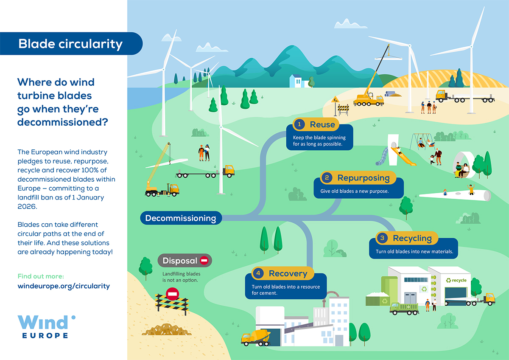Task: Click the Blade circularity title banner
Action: click(x=70, y=44)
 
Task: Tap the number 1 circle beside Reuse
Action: click(x=300, y=124)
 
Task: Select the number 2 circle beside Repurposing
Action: click(x=326, y=177)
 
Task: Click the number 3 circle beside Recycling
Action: click(x=382, y=238)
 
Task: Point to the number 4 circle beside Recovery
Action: click(x=257, y=273)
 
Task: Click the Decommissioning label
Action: click(x=181, y=218)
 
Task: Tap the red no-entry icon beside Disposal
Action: click(x=204, y=260)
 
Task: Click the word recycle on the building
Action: click(x=459, y=280)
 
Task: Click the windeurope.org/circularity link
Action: click(x=64, y=286)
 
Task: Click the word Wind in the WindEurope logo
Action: click(x=43, y=323)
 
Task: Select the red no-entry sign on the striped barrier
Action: click(x=172, y=293)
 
